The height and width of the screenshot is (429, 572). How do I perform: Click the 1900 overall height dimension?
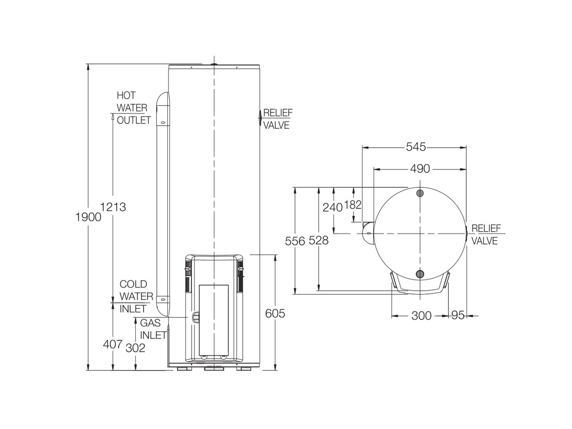89,217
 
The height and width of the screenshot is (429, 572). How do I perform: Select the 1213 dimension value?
113,207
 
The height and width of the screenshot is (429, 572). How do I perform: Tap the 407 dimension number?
112,345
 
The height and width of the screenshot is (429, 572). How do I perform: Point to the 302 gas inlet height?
135,348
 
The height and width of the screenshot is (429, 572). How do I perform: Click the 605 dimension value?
275,314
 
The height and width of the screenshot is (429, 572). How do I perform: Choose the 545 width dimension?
416,147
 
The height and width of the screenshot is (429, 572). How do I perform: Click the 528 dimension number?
318,241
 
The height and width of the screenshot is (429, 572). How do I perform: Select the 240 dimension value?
333,207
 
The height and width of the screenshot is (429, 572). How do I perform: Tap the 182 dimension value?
353,205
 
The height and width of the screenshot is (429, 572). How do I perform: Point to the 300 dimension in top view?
421,316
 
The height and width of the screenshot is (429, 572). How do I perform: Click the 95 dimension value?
457,316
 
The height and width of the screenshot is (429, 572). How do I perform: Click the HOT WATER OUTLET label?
133,108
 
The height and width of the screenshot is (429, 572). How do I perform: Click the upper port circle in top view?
419,193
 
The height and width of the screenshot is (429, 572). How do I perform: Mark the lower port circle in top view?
419,274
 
